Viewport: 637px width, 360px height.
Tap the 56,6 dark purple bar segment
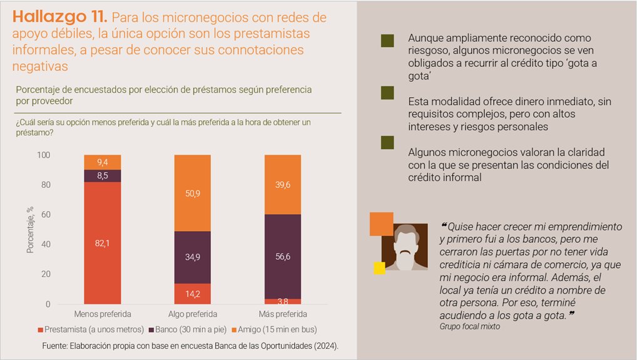pos(283,255)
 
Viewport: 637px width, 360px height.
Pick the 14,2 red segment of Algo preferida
pos(192,293)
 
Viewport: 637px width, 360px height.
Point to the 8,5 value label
pos(102,176)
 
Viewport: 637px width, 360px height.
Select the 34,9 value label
pos(192,257)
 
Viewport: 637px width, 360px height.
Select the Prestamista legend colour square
pos(41,330)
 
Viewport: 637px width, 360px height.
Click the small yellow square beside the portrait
pos(379,268)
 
